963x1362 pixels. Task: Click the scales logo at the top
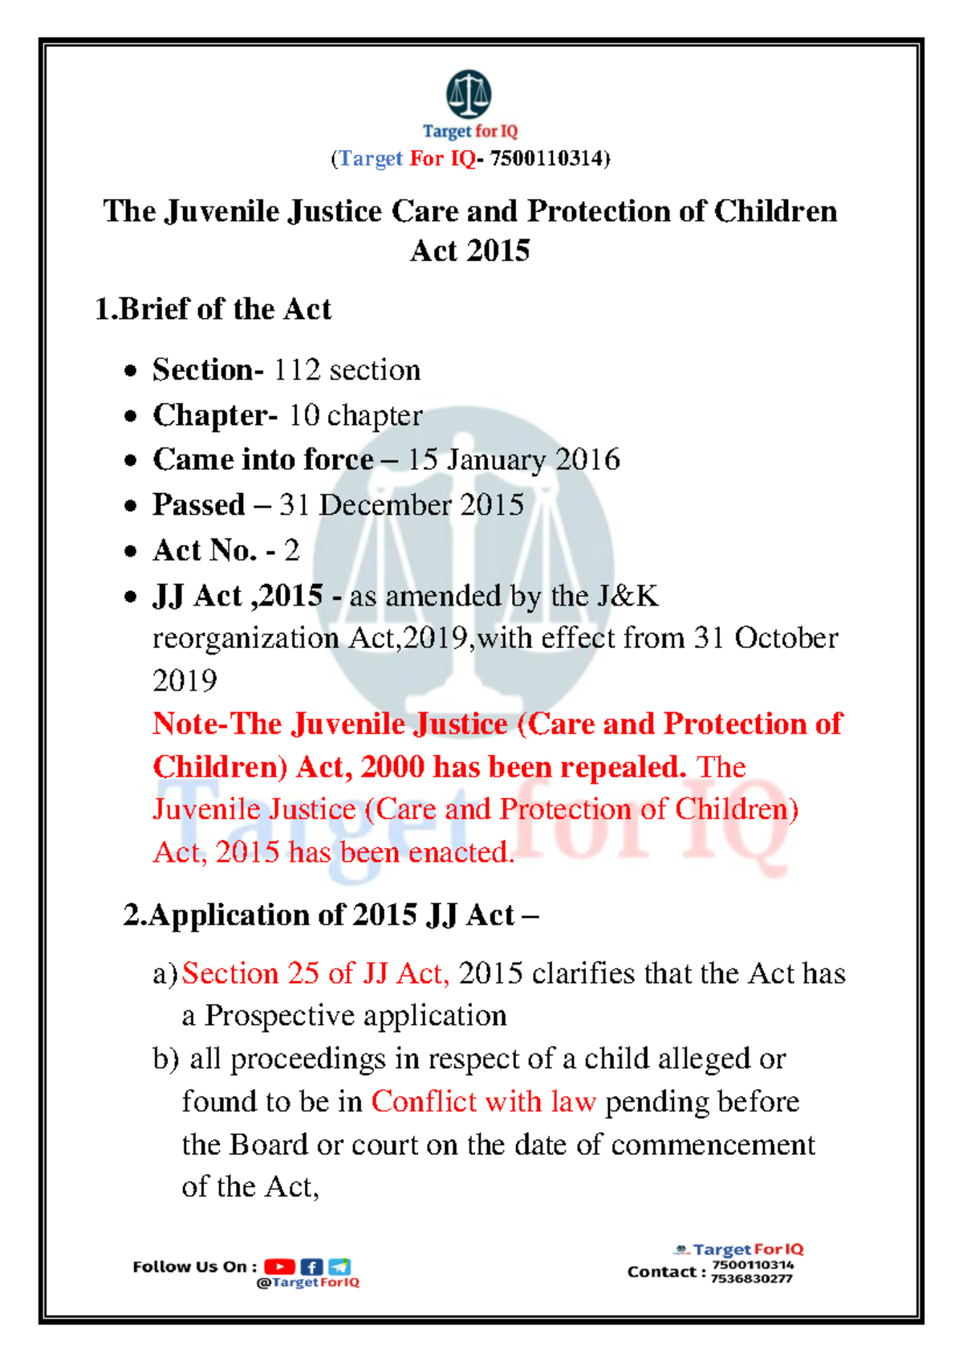[x=469, y=93]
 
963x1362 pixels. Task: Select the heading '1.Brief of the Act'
[x=213, y=309]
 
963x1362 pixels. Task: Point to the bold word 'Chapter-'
[x=215, y=415]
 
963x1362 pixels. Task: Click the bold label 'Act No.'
[x=205, y=551]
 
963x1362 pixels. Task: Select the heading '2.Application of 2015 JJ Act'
[x=330, y=915]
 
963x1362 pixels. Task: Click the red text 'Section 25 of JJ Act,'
[x=315, y=973]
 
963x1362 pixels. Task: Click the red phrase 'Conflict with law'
[x=483, y=1102]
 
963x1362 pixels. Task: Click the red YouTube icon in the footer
[x=279, y=1266]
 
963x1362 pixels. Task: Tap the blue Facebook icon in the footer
[x=311, y=1266]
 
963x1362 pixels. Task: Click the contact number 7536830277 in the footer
[x=751, y=1278]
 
